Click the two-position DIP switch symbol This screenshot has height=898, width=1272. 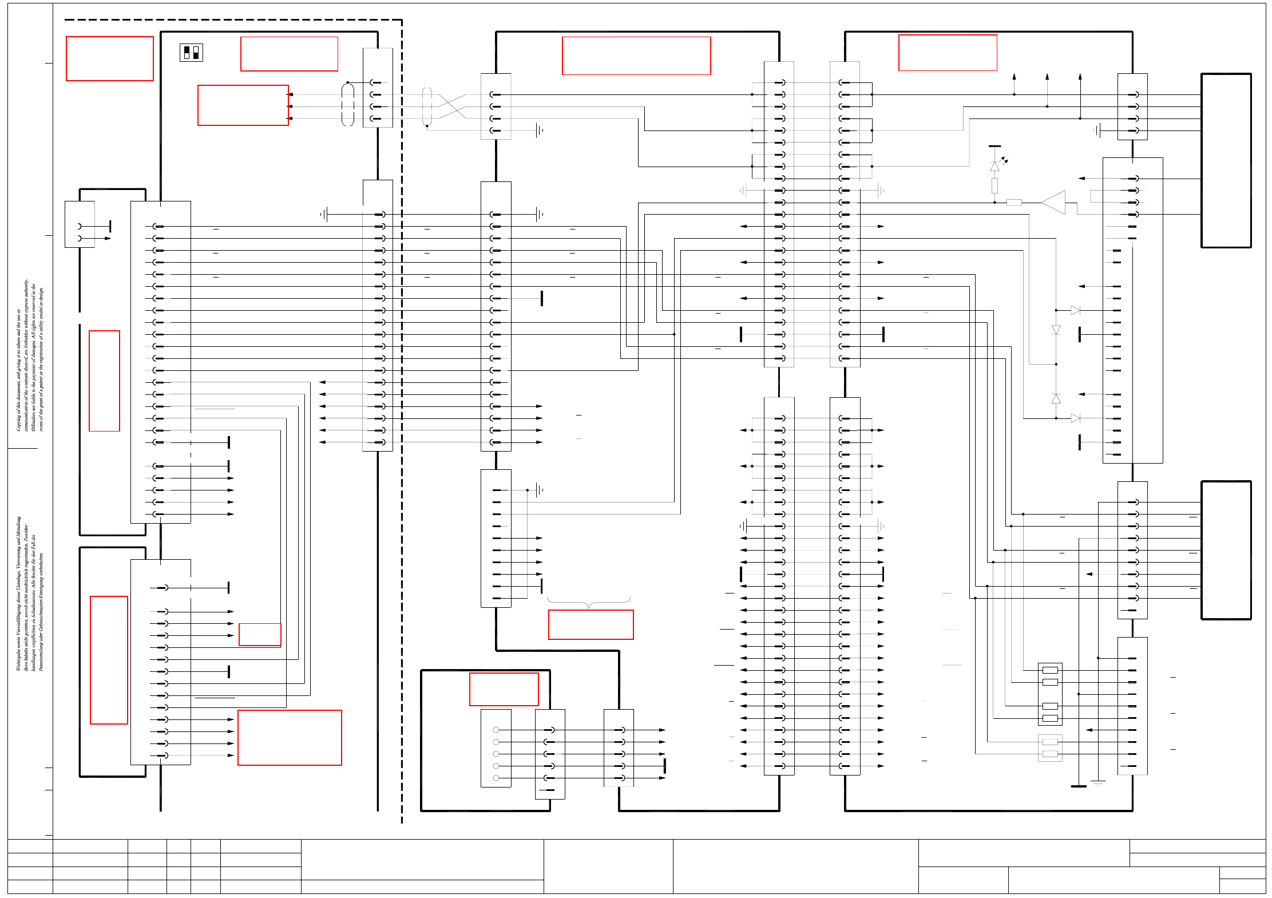[191, 53]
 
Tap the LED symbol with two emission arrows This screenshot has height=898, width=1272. [995, 166]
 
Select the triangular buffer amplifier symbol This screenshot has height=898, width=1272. [1053, 203]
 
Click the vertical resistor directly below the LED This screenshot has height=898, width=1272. [995, 185]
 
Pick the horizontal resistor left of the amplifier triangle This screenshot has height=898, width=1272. [1014, 202]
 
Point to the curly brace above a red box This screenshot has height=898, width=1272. [589, 602]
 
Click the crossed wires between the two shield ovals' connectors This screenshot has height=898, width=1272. [453, 106]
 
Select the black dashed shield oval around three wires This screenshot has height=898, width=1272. [348, 104]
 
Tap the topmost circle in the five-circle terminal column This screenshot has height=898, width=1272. [496, 730]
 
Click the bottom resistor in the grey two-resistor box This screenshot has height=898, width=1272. [1050, 754]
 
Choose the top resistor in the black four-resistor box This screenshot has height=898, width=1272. [1050, 670]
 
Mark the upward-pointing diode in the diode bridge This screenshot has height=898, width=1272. [1056, 399]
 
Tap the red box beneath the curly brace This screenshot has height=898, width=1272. [591, 624]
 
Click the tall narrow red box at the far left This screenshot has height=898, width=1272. [104, 381]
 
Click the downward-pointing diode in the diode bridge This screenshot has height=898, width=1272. [1056, 330]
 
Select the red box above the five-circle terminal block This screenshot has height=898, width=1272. [504, 689]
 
